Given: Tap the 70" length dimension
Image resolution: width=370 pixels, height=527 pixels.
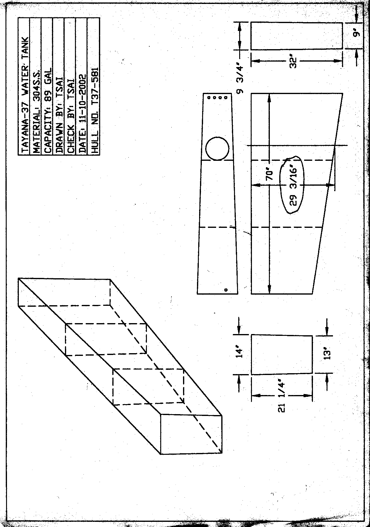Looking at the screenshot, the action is click(x=270, y=176).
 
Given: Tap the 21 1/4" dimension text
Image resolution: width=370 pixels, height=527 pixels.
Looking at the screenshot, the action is click(x=282, y=396).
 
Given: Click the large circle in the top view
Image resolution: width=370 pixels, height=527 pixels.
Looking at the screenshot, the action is click(x=217, y=148).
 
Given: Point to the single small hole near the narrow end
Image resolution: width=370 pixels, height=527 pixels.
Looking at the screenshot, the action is click(x=226, y=290).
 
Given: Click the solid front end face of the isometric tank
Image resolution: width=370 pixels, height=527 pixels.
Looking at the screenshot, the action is click(x=191, y=434).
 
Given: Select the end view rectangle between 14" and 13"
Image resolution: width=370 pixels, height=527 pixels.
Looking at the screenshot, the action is click(x=282, y=355).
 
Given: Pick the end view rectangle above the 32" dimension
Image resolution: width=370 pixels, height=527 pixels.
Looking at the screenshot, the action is click(x=297, y=36).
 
